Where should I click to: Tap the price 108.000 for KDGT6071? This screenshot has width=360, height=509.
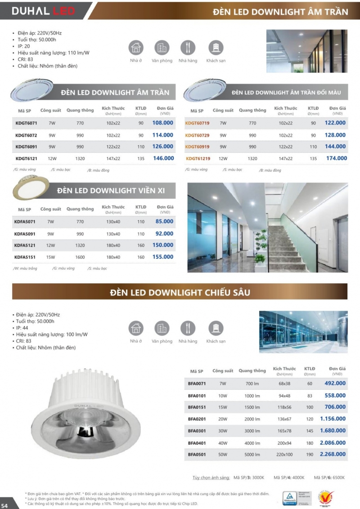(163, 123)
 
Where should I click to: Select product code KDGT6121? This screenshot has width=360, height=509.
(26, 158)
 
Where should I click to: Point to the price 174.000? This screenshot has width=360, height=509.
(337, 158)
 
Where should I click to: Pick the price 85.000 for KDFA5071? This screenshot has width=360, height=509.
(164, 222)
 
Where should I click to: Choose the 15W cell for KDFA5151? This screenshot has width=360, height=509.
(50, 257)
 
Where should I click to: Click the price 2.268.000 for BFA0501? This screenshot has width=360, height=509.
(333, 454)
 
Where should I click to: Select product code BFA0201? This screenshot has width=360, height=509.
(197, 419)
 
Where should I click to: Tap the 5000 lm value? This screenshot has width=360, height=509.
(252, 454)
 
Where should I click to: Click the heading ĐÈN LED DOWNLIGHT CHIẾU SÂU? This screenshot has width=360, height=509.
(180, 293)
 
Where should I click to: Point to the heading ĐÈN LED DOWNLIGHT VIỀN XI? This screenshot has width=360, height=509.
(111, 191)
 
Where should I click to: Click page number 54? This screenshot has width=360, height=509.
(4, 505)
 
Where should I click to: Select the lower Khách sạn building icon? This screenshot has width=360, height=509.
(216, 328)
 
